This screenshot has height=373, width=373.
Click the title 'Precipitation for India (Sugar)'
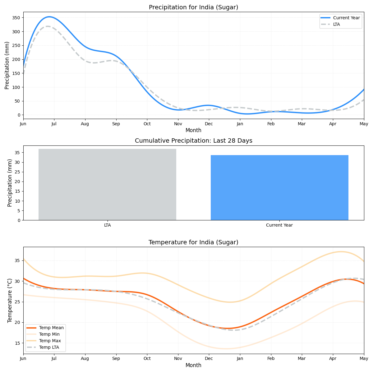pos(193,7)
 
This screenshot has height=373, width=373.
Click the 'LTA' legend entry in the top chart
pos(336,24)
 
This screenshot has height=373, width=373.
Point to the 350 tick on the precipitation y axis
pos(16,18)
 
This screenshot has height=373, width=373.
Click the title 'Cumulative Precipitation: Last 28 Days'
pos(193,141)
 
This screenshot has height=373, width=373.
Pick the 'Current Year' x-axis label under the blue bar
pos(279,225)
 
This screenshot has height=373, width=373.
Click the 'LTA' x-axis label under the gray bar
pos(107,225)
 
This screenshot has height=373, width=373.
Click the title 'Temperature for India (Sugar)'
pos(193,242)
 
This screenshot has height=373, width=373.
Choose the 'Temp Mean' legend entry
pos(51,328)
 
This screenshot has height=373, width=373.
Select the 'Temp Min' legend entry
pos(49,334)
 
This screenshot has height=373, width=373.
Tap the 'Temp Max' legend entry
pos(50,341)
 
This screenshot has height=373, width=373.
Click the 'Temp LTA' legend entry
pos(49,348)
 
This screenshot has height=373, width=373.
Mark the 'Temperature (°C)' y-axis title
pos(10,300)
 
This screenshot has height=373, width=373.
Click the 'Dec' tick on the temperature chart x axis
pos(209,359)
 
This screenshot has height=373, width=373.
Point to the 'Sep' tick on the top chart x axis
pos(116,124)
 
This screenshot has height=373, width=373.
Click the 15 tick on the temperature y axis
pos(17,343)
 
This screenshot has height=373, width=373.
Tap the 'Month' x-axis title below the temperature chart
pos(193,366)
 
